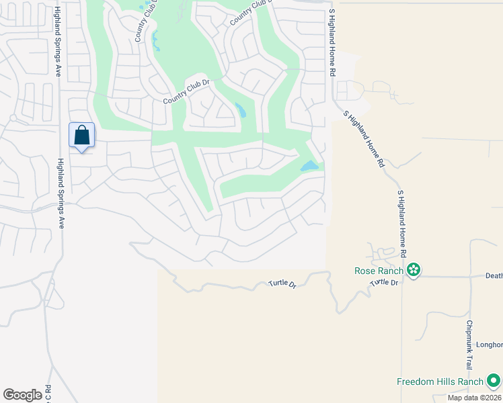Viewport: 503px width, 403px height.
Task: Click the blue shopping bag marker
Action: click(x=81, y=136)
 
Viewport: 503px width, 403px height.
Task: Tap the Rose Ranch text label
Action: click(x=379, y=271)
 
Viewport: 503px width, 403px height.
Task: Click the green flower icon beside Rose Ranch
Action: click(x=414, y=271)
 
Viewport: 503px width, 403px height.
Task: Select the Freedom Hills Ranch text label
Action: click(x=440, y=382)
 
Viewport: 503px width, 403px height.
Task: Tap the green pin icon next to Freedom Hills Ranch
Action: click(x=494, y=381)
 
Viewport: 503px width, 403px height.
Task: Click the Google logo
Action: click(x=22, y=394)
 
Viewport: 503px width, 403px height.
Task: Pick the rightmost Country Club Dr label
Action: click(x=249, y=11)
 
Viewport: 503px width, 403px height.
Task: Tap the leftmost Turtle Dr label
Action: click(x=282, y=285)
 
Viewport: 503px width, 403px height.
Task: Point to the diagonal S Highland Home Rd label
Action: click(x=363, y=139)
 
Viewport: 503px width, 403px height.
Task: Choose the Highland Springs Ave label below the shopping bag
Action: click(x=60, y=193)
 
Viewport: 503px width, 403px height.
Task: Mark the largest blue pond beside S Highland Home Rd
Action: click(x=309, y=165)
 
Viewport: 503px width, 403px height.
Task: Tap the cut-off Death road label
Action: click(x=494, y=275)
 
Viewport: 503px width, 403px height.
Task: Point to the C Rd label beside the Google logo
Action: click(x=48, y=393)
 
